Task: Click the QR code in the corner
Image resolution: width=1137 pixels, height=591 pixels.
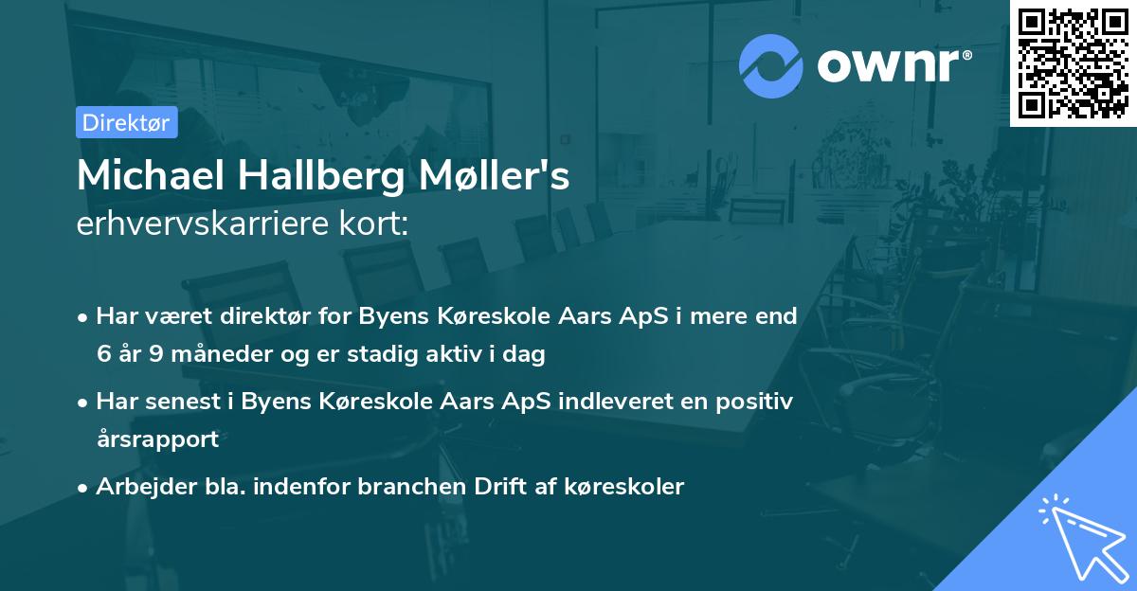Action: (1074, 63)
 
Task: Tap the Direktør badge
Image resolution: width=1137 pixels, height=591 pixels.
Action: (126, 122)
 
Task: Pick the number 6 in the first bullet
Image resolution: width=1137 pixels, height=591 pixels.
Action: (102, 354)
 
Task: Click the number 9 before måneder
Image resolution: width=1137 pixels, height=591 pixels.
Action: (156, 354)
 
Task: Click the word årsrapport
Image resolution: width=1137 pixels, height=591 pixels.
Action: (157, 439)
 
